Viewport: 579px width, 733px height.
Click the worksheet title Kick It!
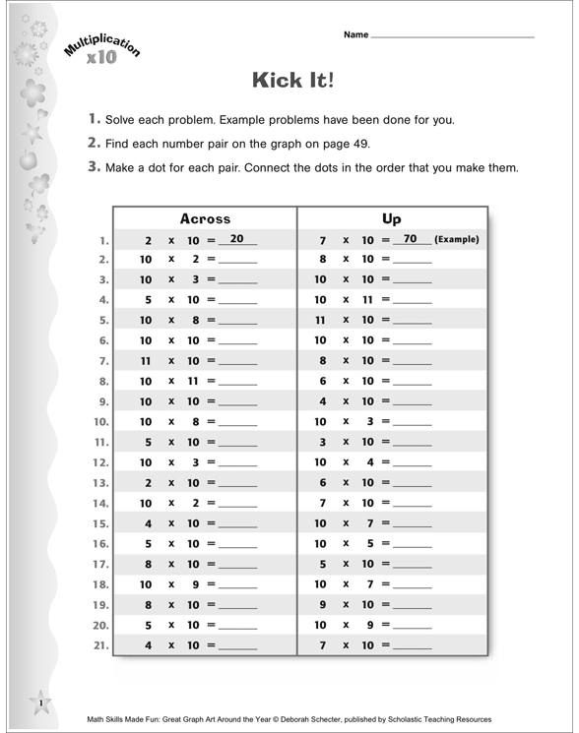pyautogui.click(x=293, y=80)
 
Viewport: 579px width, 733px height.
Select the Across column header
pyautogui.click(x=205, y=218)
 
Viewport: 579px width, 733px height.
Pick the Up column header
pyautogui.click(x=391, y=218)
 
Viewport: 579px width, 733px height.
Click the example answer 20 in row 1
pyautogui.click(x=236, y=239)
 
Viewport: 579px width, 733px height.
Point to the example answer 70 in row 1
pyautogui.click(x=411, y=239)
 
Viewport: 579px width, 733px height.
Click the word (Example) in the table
pyautogui.click(x=457, y=239)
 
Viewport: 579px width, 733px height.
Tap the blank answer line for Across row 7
pyautogui.click(x=237, y=362)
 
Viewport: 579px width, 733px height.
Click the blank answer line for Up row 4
pyautogui.click(x=412, y=301)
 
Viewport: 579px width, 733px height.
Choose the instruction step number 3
pyautogui.click(x=95, y=167)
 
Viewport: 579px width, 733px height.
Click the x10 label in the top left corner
pyautogui.click(x=100, y=57)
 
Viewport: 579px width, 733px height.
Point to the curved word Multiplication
pyautogui.click(x=102, y=43)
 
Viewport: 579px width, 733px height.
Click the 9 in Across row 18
pyautogui.click(x=196, y=584)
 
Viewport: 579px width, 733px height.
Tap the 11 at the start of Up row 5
pyautogui.click(x=320, y=321)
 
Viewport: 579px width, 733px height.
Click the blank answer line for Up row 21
pyautogui.click(x=412, y=647)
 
